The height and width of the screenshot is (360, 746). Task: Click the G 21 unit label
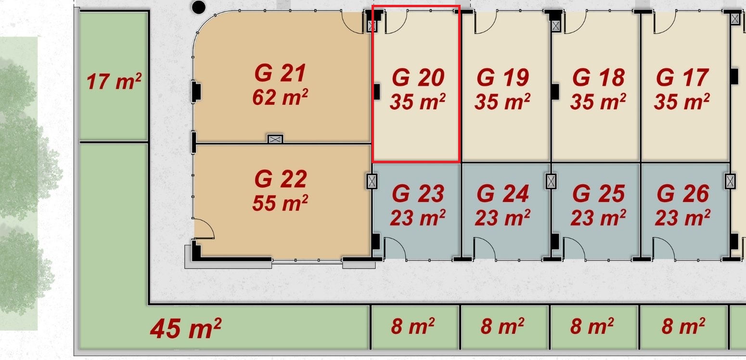pos(280,73)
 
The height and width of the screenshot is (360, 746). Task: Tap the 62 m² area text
pos(280,97)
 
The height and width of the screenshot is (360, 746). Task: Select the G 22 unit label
pos(281,179)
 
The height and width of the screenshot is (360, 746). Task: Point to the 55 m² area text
pos(280,203)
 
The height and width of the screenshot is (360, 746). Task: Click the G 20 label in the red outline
pos(418,77)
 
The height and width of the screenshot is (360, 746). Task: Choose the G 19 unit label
pos(502,77)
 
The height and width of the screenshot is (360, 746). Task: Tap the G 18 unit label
pos(598,77)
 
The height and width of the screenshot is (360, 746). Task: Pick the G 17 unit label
pos(682,77)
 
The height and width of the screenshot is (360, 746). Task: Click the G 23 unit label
pos(418,193)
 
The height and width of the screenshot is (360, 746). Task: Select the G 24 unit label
pos(502,193)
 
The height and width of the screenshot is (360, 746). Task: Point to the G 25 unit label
pos(598,193)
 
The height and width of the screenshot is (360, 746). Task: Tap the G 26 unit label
pos(683,193)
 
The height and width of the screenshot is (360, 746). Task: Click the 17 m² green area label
pos(114,81)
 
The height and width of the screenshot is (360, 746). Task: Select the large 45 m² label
pos(186,328)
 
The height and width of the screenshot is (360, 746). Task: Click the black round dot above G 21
pos(199,7)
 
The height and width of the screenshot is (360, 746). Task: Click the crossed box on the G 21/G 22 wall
pos(275,139)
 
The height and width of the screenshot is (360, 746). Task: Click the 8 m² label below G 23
pos(412,326)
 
